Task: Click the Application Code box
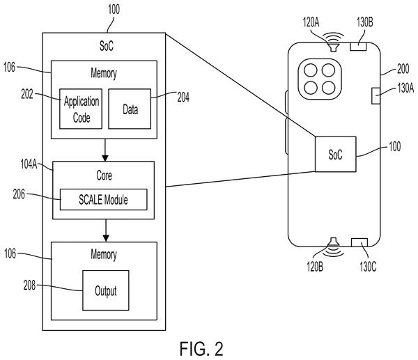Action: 81,109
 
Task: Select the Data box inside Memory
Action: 130,109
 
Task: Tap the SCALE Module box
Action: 103,200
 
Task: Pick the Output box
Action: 106,290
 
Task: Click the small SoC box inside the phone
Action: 335,155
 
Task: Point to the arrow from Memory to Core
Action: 105,150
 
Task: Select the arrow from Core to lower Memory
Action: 106,230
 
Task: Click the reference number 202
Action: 27,94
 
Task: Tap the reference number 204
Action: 183,97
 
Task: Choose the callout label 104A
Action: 29,164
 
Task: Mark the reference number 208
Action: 29,285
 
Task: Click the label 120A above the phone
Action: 311,22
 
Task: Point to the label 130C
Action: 368,267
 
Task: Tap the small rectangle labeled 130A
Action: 376,96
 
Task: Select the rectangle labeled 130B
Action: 358,47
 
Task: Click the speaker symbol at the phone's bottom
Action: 334,246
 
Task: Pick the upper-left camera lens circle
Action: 311,70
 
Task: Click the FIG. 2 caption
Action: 201,349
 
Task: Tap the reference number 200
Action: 403,69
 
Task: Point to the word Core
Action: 104,175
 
